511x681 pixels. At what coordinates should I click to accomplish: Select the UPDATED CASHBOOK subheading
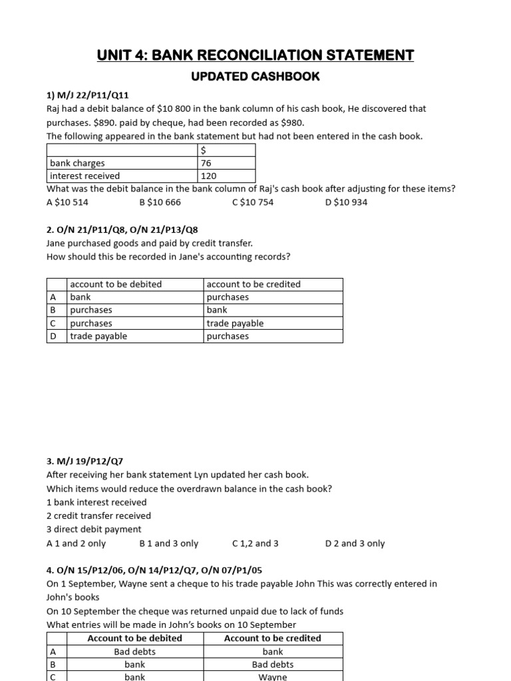pyautogui.click(x=255, y=76)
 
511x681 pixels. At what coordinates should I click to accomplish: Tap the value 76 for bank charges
pyautogui.click(x=206, y=163)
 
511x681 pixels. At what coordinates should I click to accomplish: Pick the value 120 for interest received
pyautogui.click(x=208, y=176)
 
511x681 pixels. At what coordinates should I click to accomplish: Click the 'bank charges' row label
pyautogui.click(x=77, y=163)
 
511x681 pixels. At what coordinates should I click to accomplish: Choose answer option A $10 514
pyautogui.click(x=67, y=202)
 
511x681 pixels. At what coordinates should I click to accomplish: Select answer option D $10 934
pyautogui.click(x=346, y=202)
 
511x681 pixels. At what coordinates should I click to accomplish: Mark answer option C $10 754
pyautogui.click(x=253, y=202)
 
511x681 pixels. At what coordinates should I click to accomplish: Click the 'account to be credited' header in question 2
pyautogui.click(x=254, y=284)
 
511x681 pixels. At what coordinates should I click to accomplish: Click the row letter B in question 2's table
pyautogui.click(x=54, y=310)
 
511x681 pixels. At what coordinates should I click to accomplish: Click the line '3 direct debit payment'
pyautogui.click(x=94, y=529)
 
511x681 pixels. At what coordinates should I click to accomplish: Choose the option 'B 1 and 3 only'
pyautogui.click(x=169, y=543)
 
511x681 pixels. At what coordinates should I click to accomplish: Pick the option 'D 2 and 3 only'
pyautogui.click(x=355, y=543)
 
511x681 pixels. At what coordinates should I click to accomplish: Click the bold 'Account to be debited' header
pyautogui.click(x=134, y=638)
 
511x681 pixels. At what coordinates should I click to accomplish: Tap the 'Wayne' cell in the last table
pyautogui.click(x=272, y=676)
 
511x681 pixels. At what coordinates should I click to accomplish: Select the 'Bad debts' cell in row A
pyautogui.click(x=134, y=652)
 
